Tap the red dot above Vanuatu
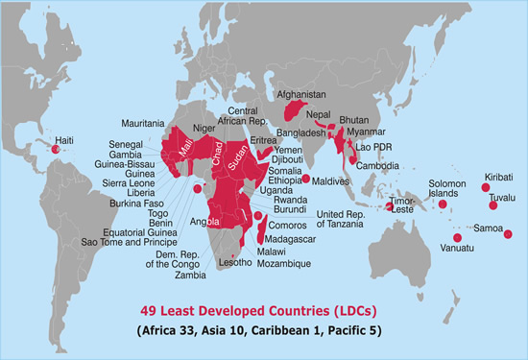coord(457,237)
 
